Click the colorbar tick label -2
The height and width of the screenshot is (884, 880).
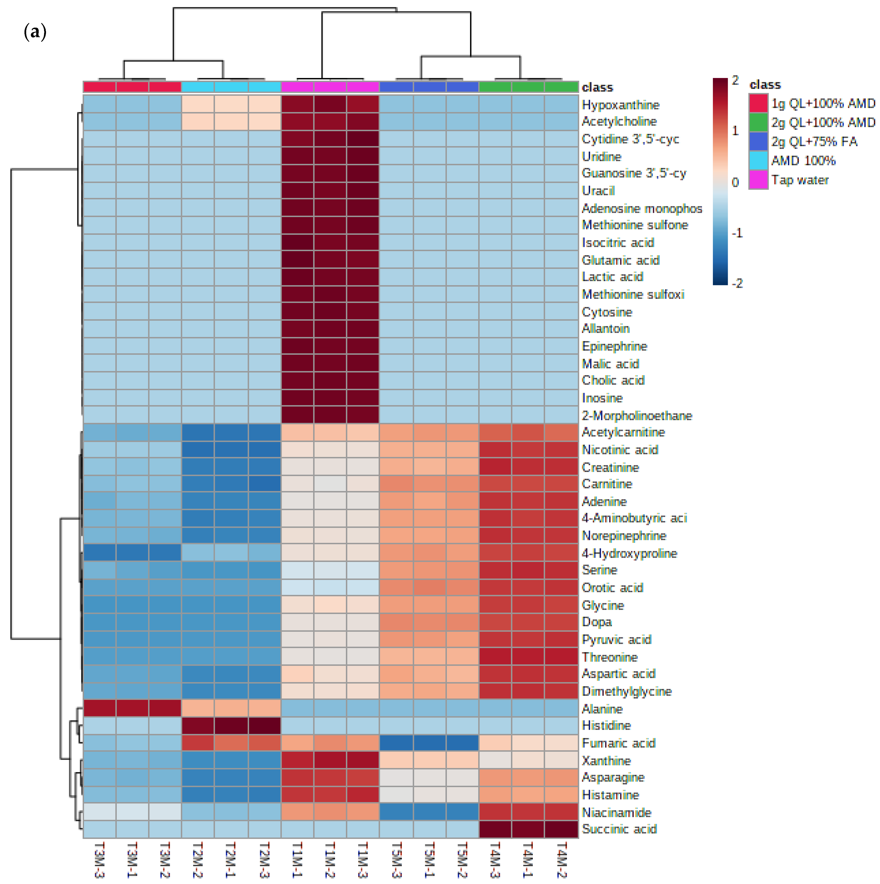(x=737, y=283)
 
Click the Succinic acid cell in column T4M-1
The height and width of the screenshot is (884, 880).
(x=528, y=829)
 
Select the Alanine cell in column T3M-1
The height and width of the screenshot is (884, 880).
(x=132, y=708)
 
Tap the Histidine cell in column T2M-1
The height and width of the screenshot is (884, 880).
(x=231, y=725)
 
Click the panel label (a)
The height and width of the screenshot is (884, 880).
(x=35, y=32)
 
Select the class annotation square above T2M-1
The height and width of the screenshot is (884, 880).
(x=231, y=87)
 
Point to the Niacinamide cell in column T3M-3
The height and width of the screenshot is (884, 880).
(x=99, y=812)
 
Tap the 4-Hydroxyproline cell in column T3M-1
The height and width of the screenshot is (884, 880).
(x=132, y=553)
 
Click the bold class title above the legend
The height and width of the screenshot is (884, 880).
(x=765, y=85)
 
